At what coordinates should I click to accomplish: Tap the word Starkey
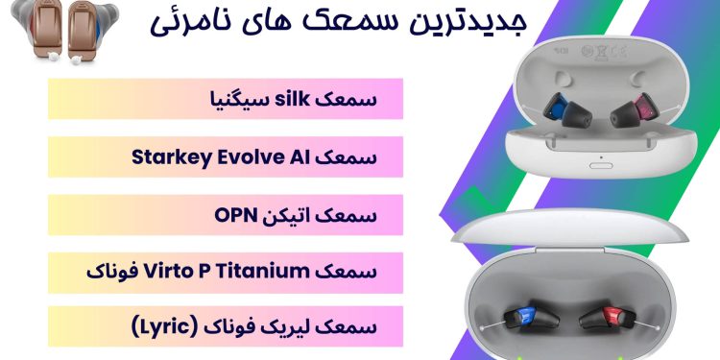pyautogui.click(x=208, y=156)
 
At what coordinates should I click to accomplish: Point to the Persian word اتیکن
pyautogui.click(x=285, y=214)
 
